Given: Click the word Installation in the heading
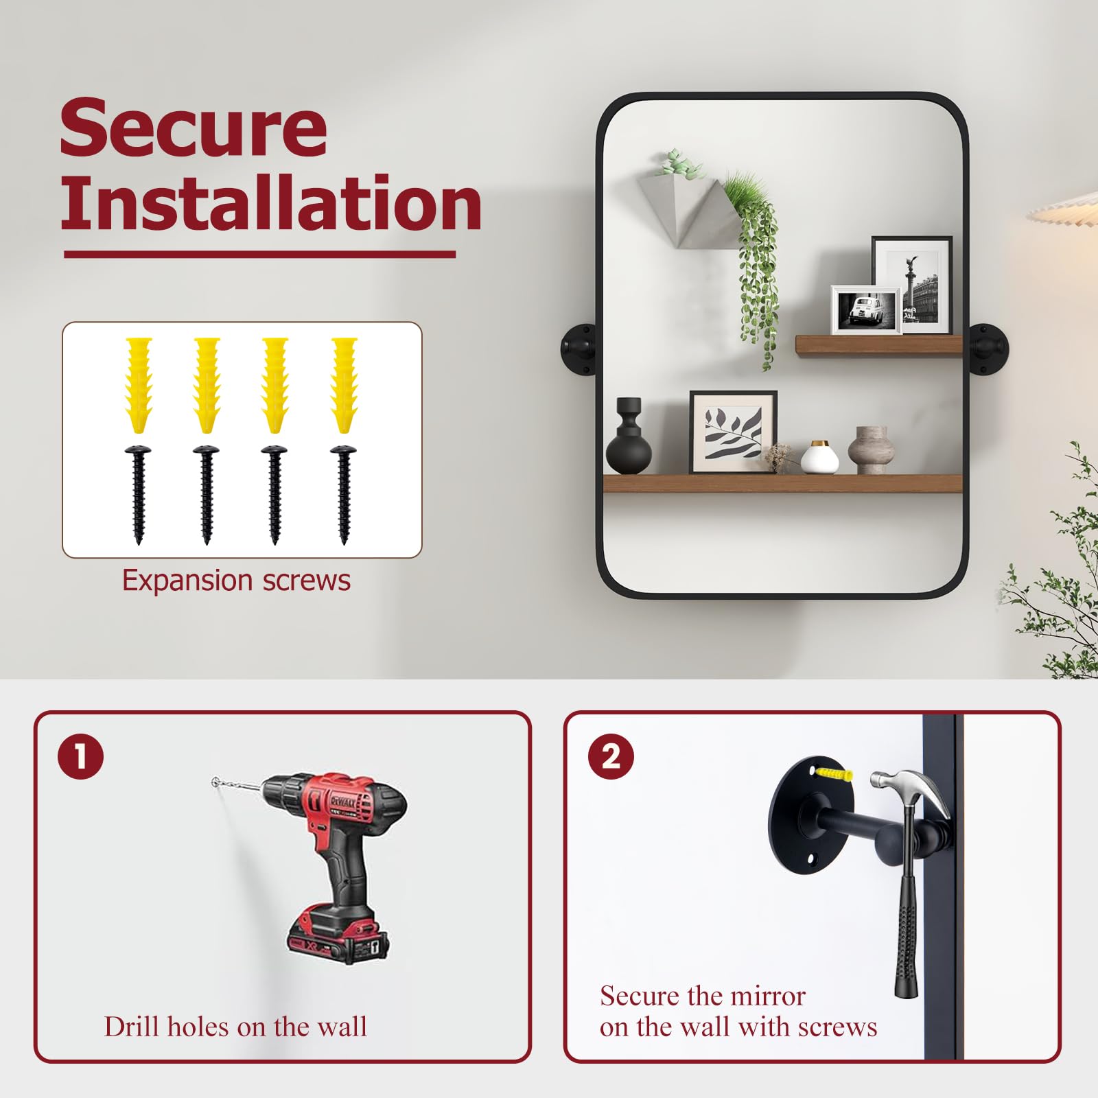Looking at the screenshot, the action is tap(271, 202).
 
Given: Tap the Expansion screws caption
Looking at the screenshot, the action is tap(236, 581).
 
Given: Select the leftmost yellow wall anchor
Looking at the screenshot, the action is tap(139, 384).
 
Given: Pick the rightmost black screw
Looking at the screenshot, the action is tap(343, 494).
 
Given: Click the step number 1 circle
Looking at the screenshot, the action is tap(81, 757).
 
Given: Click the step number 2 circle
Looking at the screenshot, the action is tap(611, 757).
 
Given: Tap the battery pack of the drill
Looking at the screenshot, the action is tap(338, 935).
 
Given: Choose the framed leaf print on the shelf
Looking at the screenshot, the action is tap(733, 432).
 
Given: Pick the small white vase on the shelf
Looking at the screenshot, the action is tap(819, 457).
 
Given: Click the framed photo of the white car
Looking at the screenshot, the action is tap(865, 310).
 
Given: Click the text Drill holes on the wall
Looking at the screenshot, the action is tap(235, 1027).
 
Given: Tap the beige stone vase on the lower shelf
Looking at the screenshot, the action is tap(871, 450).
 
